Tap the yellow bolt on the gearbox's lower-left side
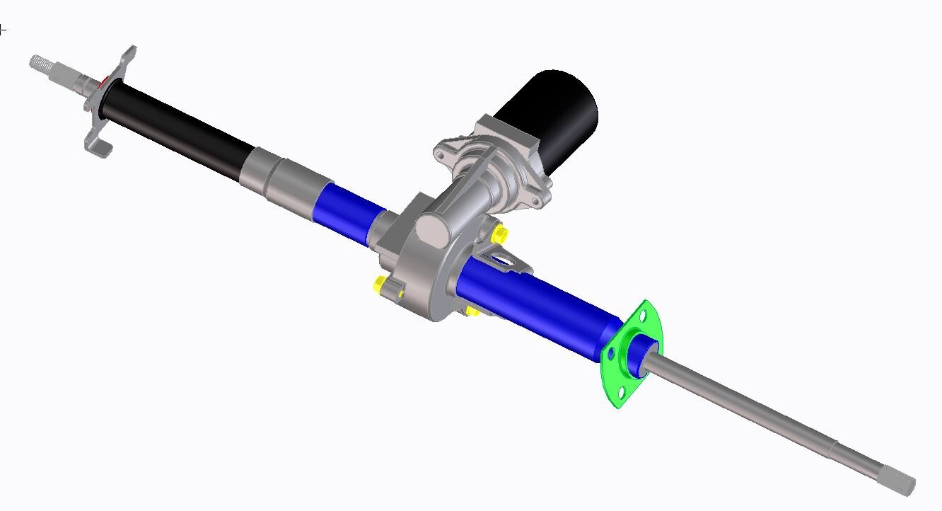(x=380, y=284)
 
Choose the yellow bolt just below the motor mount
(x=499, y=234)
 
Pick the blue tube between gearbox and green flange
(x=537, y=304)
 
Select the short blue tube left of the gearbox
(x=347, y=212)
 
